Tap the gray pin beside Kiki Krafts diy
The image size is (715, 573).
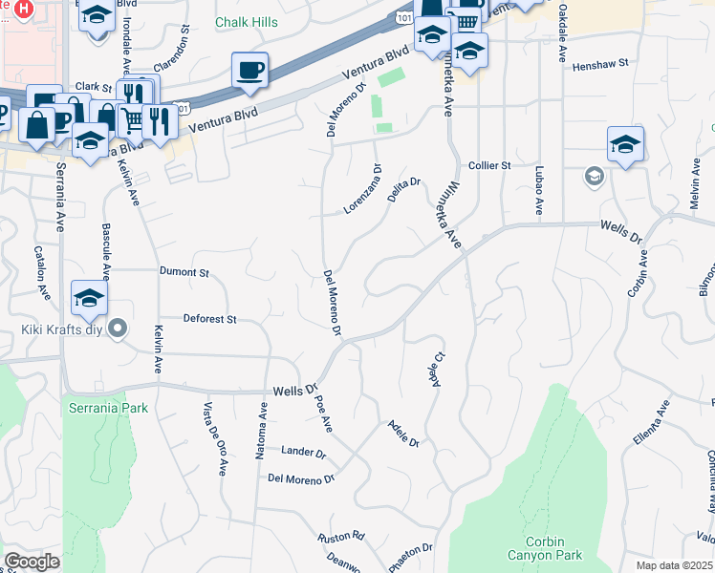pos(118,329)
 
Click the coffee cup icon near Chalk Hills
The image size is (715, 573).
pos(249,70)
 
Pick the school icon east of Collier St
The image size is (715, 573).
pos(625,144)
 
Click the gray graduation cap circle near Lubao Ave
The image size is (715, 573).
pos(594,177)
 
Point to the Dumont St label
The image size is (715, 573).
pos(184,272)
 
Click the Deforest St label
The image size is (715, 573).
pos(209,319)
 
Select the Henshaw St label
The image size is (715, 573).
pos(599,66)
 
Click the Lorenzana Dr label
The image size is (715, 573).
pos(363,190)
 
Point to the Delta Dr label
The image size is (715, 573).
pos(404,185)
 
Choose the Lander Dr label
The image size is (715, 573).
pos(303,451)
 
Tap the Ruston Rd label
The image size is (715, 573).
pos(342,536)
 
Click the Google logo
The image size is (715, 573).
pos(32,562)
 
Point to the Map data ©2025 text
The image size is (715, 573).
pos(674,565)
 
